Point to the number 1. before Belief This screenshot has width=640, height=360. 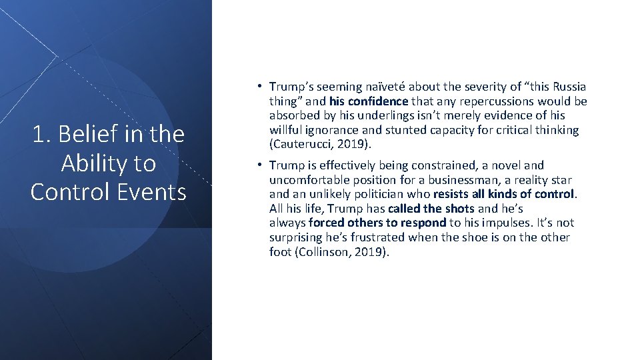[x=42, y=135]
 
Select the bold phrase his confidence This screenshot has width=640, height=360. [x=368, y=101]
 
